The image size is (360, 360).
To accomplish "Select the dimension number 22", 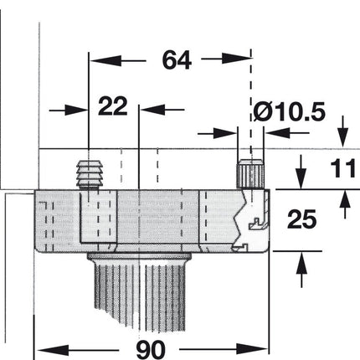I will tap(113, 108).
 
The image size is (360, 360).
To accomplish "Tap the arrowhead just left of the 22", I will tap(80, 109).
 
